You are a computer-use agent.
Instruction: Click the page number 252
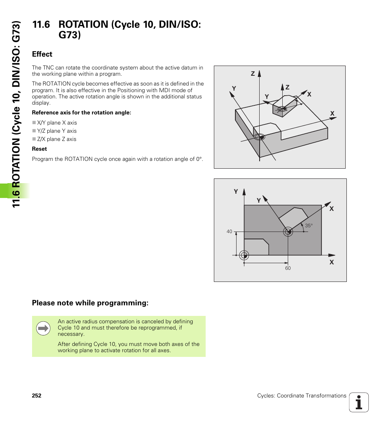click(36, 396)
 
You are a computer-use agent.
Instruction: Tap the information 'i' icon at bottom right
click(359, 402)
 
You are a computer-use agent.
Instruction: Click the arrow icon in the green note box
click(43, 328)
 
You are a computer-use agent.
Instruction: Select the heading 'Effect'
click(42, 54)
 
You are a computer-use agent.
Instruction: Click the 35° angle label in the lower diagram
click(309, 226)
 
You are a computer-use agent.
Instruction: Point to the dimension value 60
click(288, 268)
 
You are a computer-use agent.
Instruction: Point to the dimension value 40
click(230, 232)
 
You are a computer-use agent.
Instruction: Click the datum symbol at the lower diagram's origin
click(244, 255)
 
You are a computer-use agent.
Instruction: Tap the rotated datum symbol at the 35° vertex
click(288, 232)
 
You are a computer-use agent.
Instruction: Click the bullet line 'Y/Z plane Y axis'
click(57, 131)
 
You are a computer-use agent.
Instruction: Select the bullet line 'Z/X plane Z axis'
click(57, 139)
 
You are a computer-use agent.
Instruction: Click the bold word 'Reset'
click(39, 149)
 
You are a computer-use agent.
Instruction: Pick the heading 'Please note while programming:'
click(90, 303)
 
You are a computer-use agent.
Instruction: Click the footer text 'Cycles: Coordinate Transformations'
click(301, 396)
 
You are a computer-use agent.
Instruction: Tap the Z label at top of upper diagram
click(253, 74)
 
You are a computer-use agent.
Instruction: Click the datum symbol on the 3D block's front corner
click(259, 137)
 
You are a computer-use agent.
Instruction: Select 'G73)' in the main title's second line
click(70, 35)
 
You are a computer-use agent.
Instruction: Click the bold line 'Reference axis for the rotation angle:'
click(81, 112)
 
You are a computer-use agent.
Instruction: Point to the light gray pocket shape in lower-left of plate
click(255, 247)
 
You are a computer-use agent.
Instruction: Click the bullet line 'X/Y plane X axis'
click(57, 123)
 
